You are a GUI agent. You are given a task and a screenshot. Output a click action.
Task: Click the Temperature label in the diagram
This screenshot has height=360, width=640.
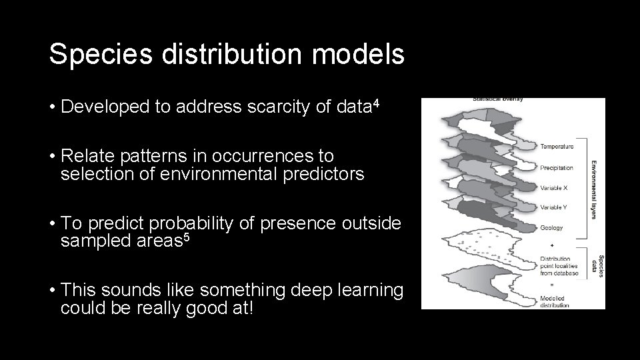556,146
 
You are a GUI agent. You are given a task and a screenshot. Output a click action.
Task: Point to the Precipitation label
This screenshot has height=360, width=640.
557,167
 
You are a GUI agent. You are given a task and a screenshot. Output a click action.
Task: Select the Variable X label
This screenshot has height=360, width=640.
554,188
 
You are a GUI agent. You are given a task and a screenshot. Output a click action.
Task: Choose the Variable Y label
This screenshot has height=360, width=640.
554,207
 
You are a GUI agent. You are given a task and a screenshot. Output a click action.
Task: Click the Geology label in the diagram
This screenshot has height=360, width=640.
551,227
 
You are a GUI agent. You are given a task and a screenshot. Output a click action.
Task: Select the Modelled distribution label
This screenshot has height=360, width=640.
555,301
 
